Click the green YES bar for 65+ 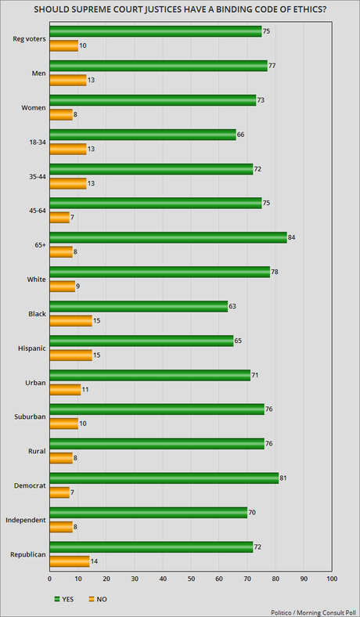pos(168,238)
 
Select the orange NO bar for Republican pos(70,562)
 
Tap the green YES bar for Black pos(139,306)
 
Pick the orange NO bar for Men pos(68,81)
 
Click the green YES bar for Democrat pos(164,478)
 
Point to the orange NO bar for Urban pos(65,390)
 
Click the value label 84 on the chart pos(292,238)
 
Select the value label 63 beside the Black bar pos(232,306)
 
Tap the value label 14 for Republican pos(94,562)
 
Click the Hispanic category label pos(32,348)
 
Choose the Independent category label pos(26,520)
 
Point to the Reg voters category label pos(30,38)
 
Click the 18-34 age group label pos(38,142)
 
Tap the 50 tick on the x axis pos(191,579)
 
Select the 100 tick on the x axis pos(332,579)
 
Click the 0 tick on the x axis pos(49,579)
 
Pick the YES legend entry pos(63,599)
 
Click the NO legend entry pos(98,599)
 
